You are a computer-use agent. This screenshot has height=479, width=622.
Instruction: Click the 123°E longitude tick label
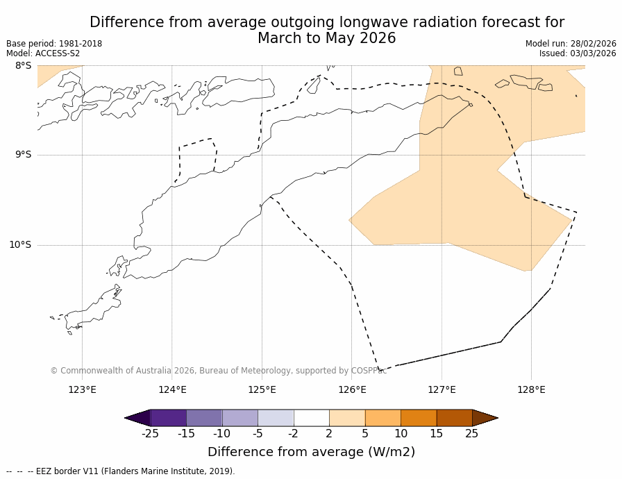(x=82, y=389)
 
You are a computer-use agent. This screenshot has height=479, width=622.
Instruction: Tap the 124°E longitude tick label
(x=172, y=389)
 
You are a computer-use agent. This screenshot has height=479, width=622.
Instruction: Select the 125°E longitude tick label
(x=262, y=389)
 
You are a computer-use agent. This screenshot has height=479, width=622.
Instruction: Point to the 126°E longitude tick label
(x=352, y=389)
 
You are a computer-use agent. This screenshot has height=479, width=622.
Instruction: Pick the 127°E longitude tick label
(x=442, y=389)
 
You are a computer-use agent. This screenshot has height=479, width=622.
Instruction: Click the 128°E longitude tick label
(x=531, y=389)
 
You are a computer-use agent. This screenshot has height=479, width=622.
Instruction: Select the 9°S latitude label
(x=23, y=155)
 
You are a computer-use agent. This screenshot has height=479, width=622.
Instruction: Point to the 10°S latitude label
(x=20, y=244)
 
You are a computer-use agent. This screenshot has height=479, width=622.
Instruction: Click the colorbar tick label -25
(x=150, y=434)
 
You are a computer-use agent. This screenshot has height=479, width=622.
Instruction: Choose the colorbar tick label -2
(x=293, y=434)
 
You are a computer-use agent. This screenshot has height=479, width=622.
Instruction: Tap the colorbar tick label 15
(x=436, y=434)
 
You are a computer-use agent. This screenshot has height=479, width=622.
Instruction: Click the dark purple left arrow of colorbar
(x=138, y=418)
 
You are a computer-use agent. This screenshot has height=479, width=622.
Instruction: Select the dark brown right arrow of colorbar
(x=484, y=418)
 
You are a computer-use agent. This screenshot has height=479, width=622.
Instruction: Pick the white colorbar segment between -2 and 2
(x=311, y=418)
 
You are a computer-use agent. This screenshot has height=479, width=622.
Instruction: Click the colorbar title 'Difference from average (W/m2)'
(x=311, y=452)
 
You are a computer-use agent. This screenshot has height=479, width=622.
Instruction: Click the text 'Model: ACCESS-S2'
(x=43, y=53)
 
